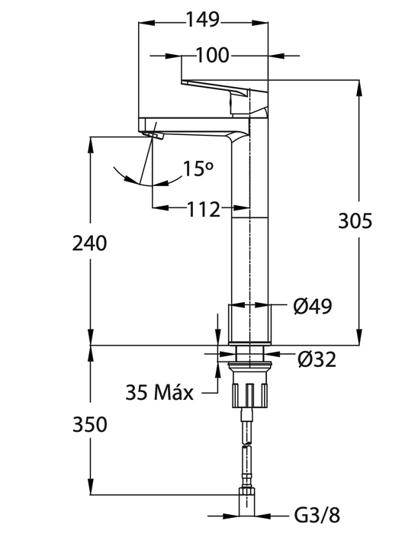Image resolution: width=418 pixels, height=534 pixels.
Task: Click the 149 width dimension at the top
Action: click(203, 20)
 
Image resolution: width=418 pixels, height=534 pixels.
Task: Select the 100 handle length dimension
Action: click(213, 55)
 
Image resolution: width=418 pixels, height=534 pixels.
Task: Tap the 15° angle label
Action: click(198, 169)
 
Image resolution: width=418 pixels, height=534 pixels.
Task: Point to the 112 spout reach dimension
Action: click(204, 209)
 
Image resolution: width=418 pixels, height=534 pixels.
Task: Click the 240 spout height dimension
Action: click(89, 244)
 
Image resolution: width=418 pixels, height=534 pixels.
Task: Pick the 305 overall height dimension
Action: click(355, 220)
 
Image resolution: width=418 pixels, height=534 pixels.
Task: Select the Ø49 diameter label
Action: click(313, 306)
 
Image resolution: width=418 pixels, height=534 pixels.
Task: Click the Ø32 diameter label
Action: click(317, 359)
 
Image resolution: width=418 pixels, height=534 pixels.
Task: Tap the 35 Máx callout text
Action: click(159, 392)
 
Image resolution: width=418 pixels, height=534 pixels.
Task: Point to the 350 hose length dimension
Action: click(90, 425)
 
